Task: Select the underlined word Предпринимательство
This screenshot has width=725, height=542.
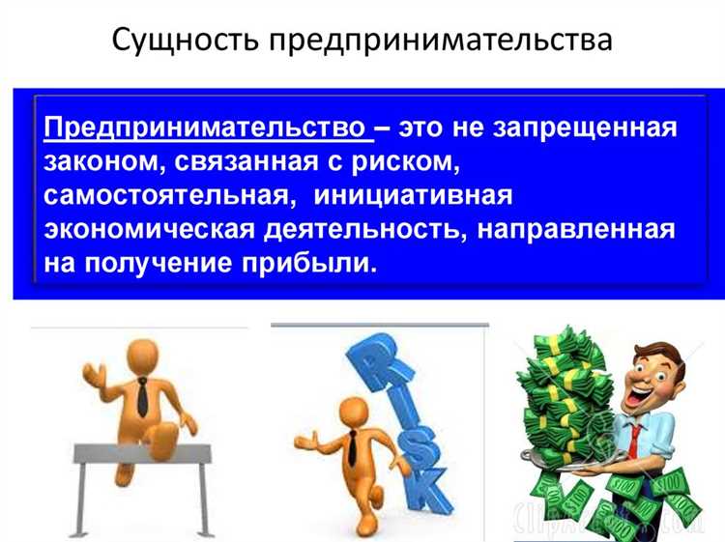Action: [205, 128]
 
